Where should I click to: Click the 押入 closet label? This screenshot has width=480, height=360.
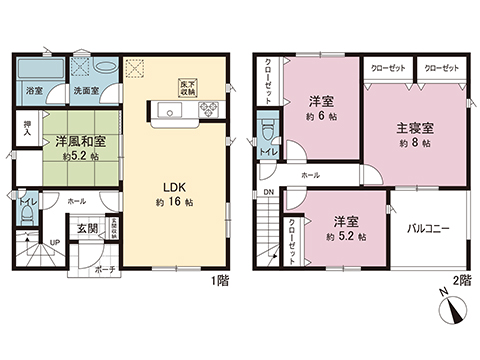click(27, 129)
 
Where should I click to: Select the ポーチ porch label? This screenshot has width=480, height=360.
click(103, 268)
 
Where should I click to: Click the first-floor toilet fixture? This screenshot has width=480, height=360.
click(23, 213)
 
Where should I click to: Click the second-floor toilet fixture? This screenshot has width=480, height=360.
click(267, 135)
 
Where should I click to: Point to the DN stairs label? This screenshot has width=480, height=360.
click(267, 194)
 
